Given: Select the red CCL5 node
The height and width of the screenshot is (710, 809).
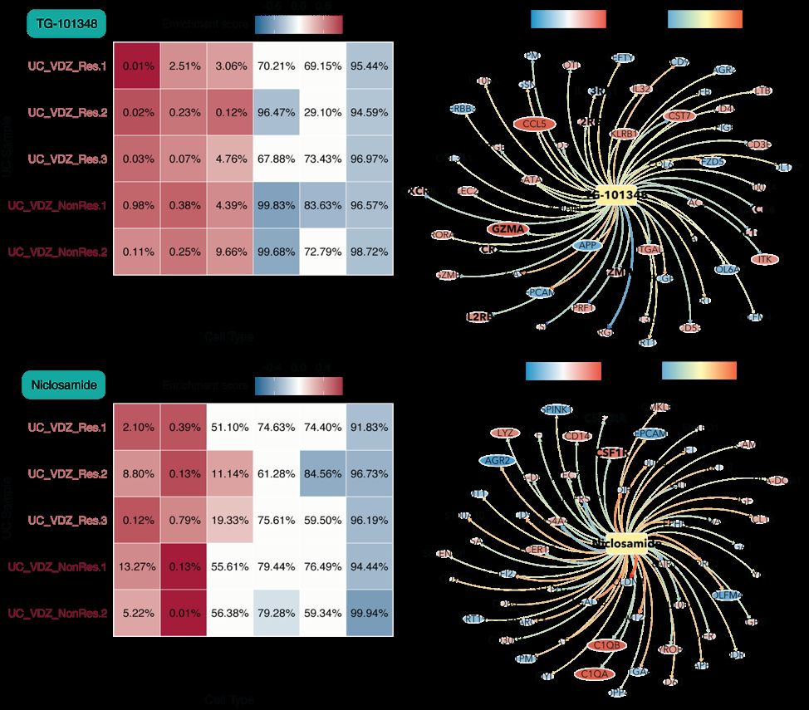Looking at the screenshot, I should (534, 124).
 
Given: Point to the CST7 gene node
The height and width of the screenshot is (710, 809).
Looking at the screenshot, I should (656, 115).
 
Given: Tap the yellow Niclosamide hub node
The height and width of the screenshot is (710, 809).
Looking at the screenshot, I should (626, 543).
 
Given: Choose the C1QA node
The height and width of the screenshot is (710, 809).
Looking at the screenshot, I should (596, 673).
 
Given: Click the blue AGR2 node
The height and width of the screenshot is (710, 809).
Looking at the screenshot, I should (497, 460).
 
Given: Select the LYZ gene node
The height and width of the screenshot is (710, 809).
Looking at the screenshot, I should (503, 433).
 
